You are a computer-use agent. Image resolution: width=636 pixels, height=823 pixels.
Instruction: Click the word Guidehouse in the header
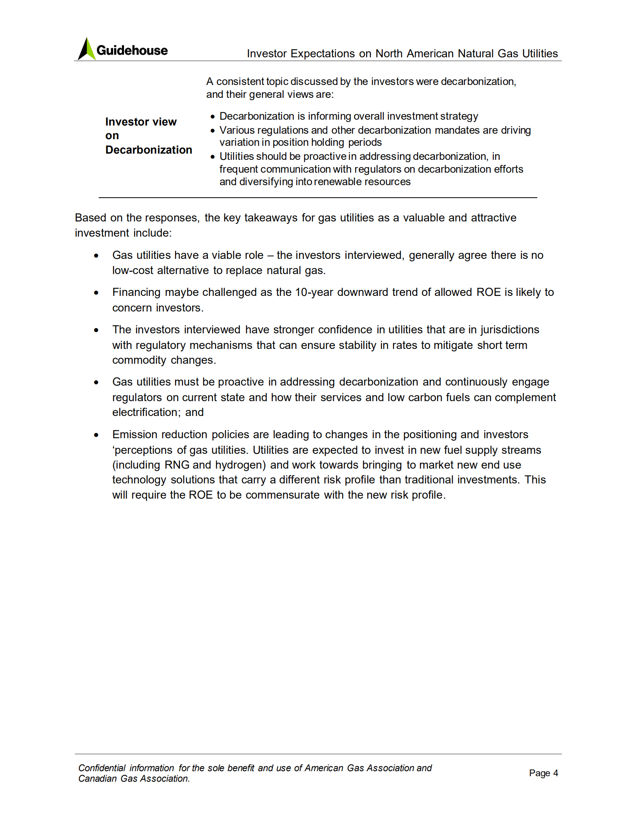coord(132,50)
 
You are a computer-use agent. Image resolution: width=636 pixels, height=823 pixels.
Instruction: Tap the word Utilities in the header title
coord(540,53)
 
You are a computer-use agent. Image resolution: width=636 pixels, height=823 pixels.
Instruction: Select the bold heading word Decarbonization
coord(149,150)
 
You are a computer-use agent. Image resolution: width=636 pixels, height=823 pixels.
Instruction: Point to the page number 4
coord(555,773)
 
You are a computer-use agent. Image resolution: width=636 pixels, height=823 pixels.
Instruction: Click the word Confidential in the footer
coord(101,768)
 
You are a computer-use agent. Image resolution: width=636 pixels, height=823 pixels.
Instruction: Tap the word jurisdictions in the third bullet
coord(510,329)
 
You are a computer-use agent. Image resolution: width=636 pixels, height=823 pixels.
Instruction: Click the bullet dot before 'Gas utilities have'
coord(96,256)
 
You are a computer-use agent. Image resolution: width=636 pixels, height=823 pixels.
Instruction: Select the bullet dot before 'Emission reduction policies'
coord(96,435)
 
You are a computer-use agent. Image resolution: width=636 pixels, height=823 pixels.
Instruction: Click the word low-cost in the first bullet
coord(133,270)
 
